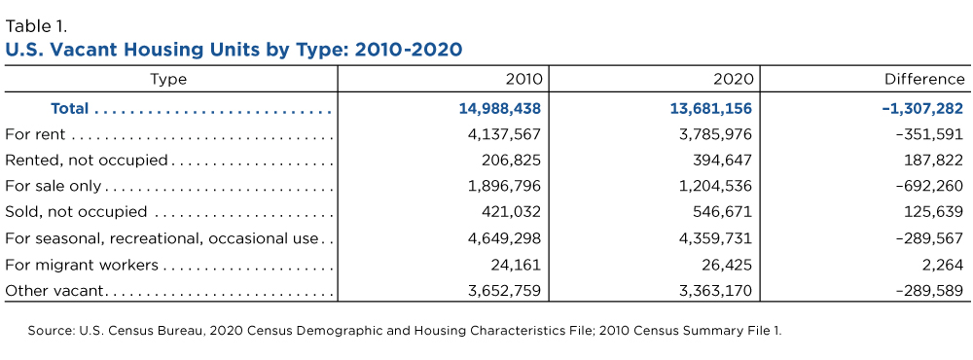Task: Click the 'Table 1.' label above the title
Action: (36, 26)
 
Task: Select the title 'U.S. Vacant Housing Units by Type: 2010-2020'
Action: (234, 50)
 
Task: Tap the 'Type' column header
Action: (168, 80)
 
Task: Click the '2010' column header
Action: (523, 80)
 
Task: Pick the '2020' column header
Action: (734, 80)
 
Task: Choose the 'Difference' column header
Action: (924, 80)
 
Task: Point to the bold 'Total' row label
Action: (69, 109)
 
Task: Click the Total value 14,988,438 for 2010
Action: (500, 109)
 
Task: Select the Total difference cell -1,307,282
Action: (922, 109)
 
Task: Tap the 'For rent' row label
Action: (35, 134)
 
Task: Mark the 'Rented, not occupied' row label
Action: (87, 161)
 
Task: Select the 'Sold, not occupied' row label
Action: (76, 212)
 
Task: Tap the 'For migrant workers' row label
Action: (82, 265)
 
